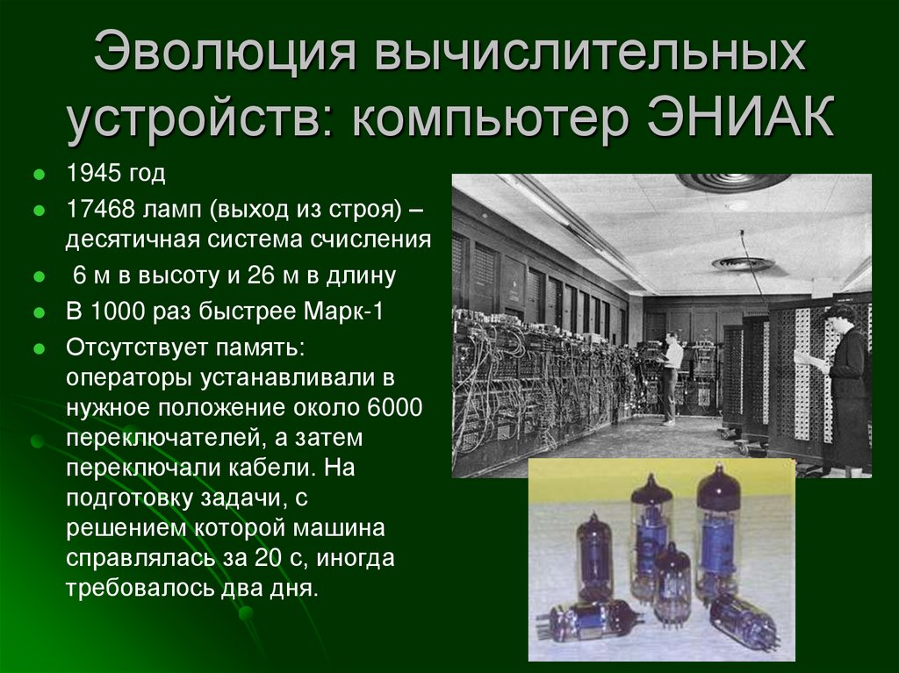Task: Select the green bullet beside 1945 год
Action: click(39, 175)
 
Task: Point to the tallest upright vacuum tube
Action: click(718, 530)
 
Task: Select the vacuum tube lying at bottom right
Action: click(744, 621)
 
